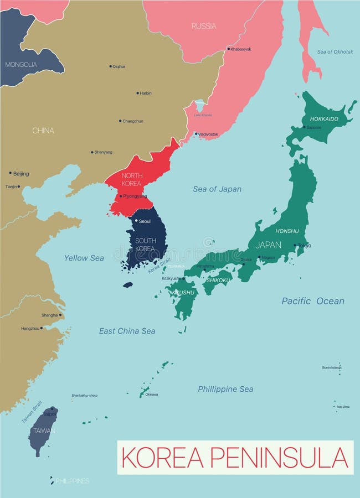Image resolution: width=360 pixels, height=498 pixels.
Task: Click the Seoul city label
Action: (x=145, y=221)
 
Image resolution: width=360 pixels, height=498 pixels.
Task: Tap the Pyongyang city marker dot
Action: (x=120, y=196)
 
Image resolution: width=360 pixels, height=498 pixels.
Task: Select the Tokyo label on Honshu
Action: (x=305, y=245)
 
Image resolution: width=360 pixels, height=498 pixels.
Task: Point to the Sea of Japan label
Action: (x=217, y=189)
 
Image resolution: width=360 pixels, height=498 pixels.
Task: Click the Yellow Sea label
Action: (x=84, y=258)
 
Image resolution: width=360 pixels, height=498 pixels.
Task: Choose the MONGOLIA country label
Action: (x=21, y=65)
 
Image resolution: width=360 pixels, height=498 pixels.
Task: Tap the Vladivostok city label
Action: (x=208, y=134)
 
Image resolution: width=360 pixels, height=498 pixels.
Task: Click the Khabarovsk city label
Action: (x=240, y=49)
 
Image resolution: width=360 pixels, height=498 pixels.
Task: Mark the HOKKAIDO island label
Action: (x=324, y=119)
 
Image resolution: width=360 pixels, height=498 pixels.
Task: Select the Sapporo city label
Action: (x=314, y=127)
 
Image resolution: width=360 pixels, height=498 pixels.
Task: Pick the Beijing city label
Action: (x=21, y=174)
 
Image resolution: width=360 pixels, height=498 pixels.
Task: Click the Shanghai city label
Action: (x=49, y=315)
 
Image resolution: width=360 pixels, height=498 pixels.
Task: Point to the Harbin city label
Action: (x=146, y=93)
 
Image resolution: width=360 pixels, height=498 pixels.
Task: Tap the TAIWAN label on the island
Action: (x=44, y=430)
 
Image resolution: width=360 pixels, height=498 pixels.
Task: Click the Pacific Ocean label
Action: (x=312, y=301)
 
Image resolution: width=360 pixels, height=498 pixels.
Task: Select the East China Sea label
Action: (x=127, y=331)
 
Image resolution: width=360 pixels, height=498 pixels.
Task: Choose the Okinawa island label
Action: (x=151, y=395)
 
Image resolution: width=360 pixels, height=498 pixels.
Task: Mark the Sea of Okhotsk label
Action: (x=335, y=51)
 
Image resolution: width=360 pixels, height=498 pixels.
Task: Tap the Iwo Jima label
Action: (x=343, y=407)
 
